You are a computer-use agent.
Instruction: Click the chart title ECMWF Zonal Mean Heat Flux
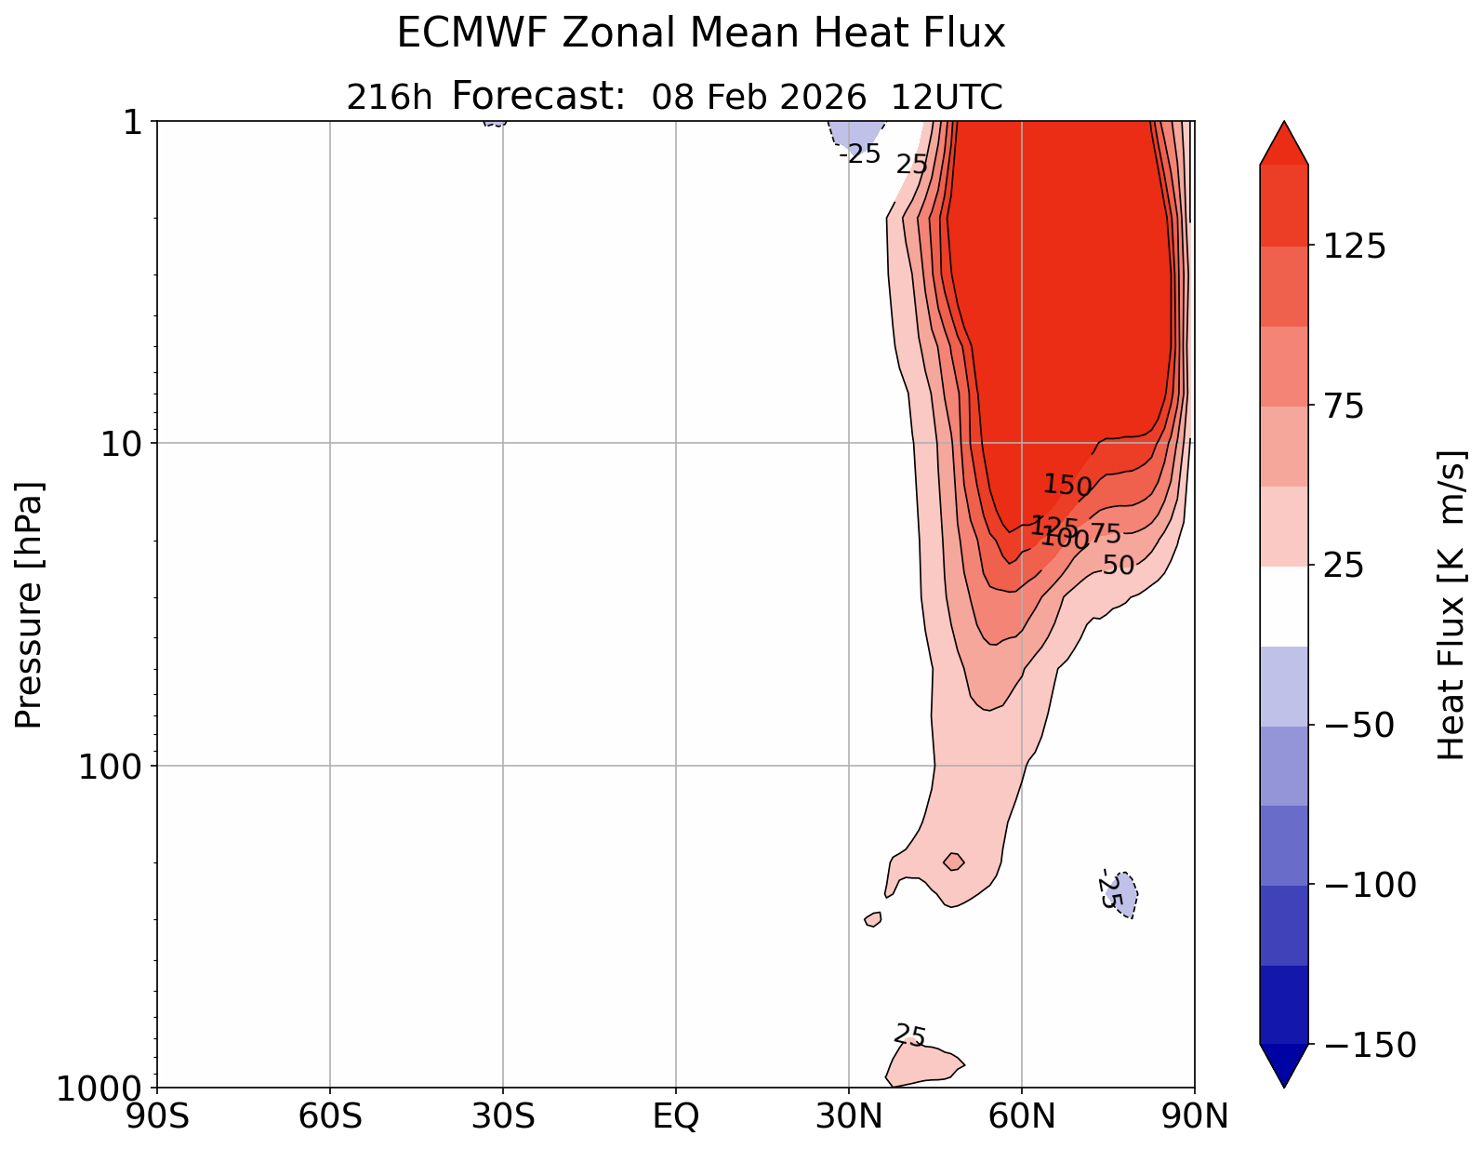(701, 34)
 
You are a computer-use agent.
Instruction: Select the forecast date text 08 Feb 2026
(759, 97)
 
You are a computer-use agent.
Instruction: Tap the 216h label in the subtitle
(389, 97)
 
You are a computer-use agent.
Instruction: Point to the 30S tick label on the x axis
(502, 1116)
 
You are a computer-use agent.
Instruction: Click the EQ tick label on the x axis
(676, 1116)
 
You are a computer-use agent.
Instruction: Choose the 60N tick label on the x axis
(1021, 1116)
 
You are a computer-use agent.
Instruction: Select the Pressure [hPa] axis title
(29, 605)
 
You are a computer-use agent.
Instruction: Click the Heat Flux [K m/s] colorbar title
(1451, 605)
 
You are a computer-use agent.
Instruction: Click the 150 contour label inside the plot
(1067, 485)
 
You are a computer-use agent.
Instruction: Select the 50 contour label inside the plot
(1118, 565)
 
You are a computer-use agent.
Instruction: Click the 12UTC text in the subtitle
(947, 97)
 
